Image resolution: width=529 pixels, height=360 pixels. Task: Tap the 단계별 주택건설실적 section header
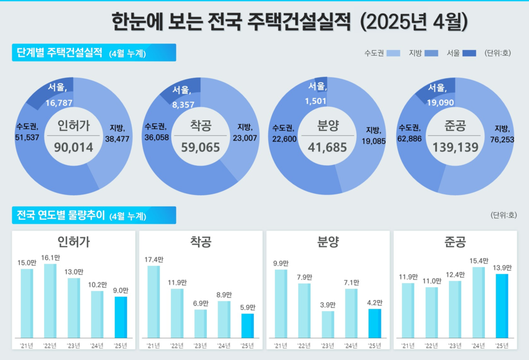pyautogui.click(x=59, y=53)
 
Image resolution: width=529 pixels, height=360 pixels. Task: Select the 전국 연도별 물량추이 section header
pyautogui.click(x=58, y=215)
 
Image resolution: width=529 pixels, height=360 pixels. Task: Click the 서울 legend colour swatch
pyautogui.click(x=469, y=53)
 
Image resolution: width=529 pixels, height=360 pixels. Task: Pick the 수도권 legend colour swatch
pyautogui.click(x=394, y=53)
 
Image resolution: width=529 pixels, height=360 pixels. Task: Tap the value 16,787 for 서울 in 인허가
pyautogui.click(x=59, y=103)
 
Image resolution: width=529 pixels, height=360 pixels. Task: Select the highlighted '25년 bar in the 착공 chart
pyautogui.click(x=247, y=326)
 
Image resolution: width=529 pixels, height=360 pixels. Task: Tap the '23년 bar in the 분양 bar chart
pyautogui.click(x=328, y=325)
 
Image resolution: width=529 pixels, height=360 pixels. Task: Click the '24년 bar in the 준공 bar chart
pyautogui.click(x=479, y=303)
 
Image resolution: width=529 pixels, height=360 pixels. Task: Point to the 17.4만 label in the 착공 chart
pyautogui.click(x=153, y=260)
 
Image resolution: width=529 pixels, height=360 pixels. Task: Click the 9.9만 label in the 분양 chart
pyautogui.click(x=281, y=263)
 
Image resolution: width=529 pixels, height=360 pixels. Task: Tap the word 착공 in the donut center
pyautogui.click(x=200, y=125)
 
